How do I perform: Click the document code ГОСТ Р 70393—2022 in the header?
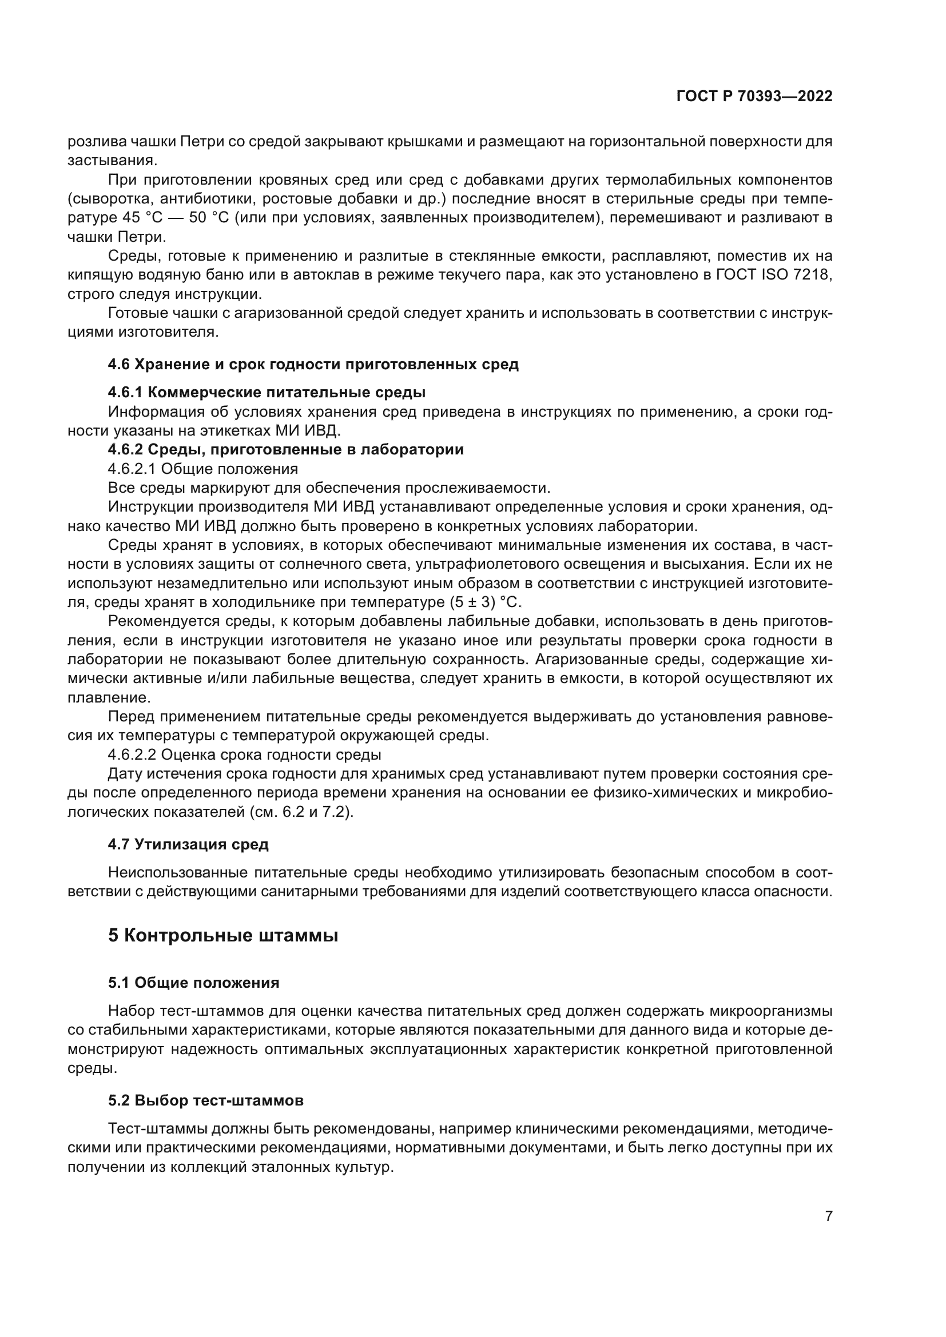tap(754, 97)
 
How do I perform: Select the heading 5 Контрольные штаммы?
tap(222, 936)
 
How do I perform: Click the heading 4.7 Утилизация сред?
tap(188, 844)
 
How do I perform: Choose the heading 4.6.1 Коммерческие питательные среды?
tap(267, 392)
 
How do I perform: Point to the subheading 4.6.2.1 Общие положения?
tap(202, 469)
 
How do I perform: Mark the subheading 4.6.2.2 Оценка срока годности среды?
tap(244, 755)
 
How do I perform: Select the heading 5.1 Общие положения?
tap(193, 983)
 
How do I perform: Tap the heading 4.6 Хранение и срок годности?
tap(313, 365)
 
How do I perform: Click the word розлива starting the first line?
tap(93, 142)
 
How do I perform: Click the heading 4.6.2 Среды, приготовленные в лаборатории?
tap(285, 449)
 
